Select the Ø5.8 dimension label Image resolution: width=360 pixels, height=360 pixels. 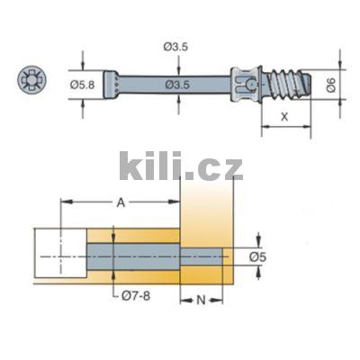(84, 84)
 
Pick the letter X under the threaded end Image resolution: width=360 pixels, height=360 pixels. (283, 117)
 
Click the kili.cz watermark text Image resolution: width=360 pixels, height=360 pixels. (181, 166)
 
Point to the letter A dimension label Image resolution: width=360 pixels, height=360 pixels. (121, 203)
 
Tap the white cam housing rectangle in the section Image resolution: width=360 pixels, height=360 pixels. (60, 255)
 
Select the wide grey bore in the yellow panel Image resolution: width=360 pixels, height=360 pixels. (135, 256)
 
